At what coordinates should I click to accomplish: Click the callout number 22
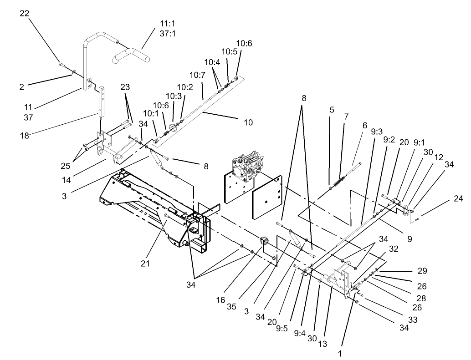(x=25, y=14)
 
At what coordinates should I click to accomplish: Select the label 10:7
(x=197, y=74)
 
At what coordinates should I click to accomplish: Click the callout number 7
(x=346, y=117)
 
